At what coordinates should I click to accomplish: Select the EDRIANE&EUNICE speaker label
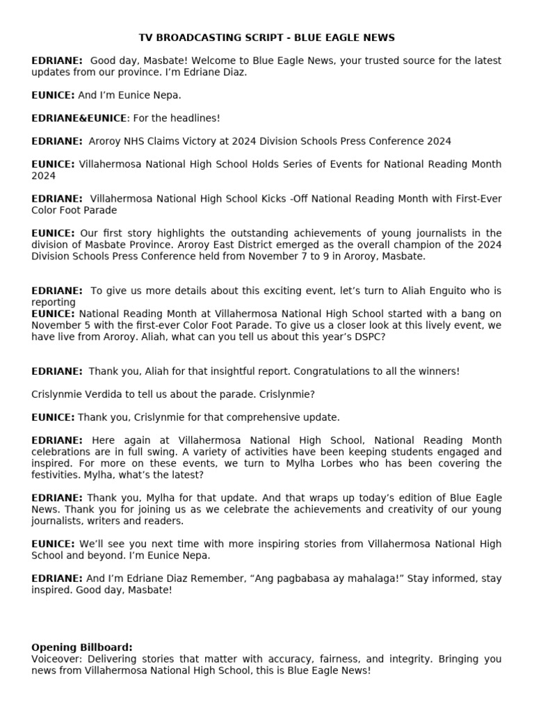click(79, 118)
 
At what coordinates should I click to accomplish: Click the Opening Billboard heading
click(82, 647)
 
